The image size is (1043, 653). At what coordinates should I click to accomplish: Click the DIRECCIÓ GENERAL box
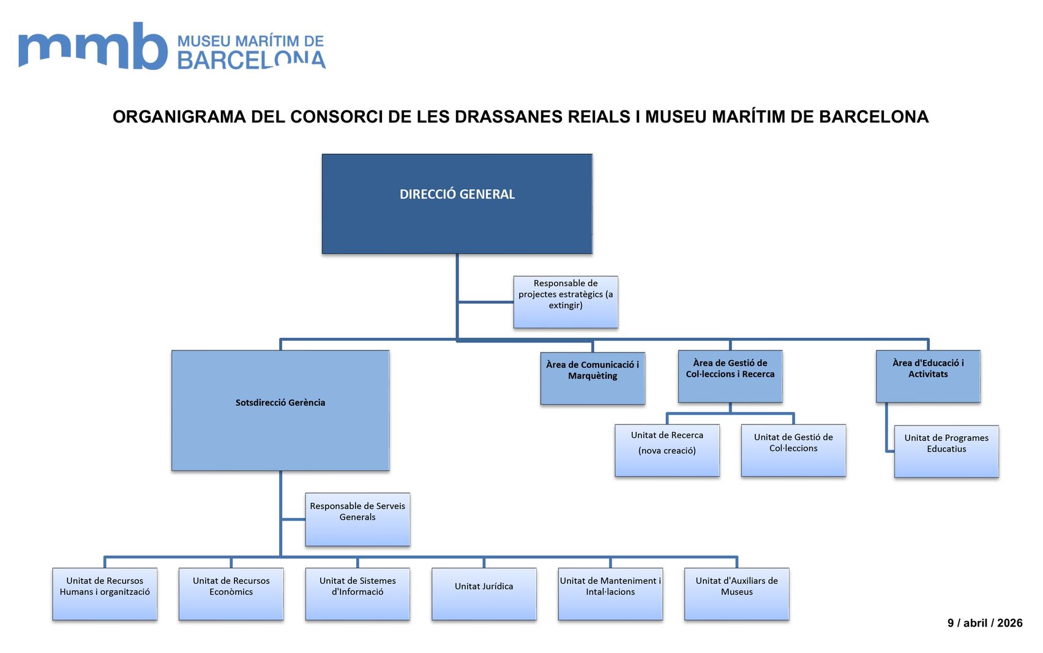pyautogui.click(x=457, y=203)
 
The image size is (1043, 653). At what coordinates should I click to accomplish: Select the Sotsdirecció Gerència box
pyautogui.click(x=280, y=410)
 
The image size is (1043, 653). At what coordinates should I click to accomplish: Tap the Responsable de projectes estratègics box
pyautogui.click(x=565, y=301)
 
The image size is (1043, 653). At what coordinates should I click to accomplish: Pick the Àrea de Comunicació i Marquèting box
pyautogui.click(x=592, y=377)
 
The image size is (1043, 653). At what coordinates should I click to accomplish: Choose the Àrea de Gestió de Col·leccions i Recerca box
pyautogui.click(x=730, y=376)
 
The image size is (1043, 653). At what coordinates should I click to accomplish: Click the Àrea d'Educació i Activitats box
pyautogui.click(x=927, y=376)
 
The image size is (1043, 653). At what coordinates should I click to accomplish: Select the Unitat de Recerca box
pyautogui.click(x=667, y=450)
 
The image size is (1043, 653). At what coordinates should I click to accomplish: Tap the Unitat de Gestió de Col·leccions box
pyautogui.click(x=793, y=450)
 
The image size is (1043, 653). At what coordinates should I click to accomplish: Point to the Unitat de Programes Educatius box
pyautogui.click(x=946, y=451)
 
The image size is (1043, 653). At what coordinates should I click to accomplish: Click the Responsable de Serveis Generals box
pyautogui.click(x=357, y=519)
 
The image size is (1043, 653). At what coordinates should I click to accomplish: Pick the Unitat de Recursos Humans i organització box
pyautogui.click(x=105, y=593)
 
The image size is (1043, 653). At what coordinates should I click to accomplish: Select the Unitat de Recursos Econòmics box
pyautogui.click(x=231, y=593)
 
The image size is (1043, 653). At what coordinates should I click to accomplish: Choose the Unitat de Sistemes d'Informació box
pyautogui.click(x=357, y=593)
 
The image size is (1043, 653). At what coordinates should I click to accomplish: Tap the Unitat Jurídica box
pyautogui.click(x=484, y=593)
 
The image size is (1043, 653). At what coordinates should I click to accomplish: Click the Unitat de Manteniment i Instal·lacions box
pyautogui.click(x=610, y=593)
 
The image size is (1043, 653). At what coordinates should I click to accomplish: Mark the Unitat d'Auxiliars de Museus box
pyautogui.click(x=736, y=593)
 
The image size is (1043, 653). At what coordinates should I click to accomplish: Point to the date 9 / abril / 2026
pyautogui.click(x=984, y=623)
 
